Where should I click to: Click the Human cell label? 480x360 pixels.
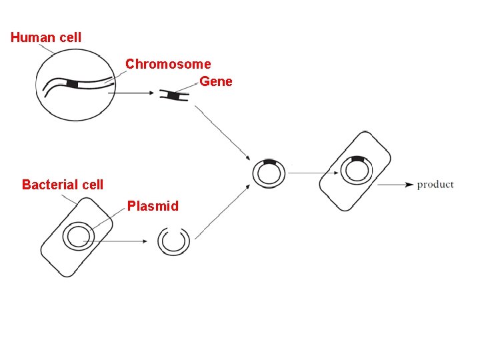[x=46, y=37]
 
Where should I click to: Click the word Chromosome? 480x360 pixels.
[x=168, y=64]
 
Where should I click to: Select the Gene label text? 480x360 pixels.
[x=216, y=81]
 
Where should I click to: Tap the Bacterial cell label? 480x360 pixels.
[x=63, y=185]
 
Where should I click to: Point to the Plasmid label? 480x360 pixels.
[x=153, y=206]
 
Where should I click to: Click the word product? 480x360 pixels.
[x=435, y=185]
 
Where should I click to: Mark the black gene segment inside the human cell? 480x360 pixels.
[x=73, y=84]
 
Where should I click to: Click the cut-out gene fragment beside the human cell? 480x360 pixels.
[x=174, y=96]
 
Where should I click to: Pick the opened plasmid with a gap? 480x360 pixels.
[x=174, y=241]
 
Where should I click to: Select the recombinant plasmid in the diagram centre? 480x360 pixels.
[x=269, y=174]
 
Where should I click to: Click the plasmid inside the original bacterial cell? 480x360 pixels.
[x=77, y=237]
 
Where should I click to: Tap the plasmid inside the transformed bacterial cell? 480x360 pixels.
[x=357, y=171]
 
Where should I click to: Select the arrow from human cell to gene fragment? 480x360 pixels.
[x=133, y=93]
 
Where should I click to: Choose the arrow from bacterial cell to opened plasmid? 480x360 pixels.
[x=127, y=241]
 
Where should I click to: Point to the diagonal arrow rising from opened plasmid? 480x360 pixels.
[x=220, y=213]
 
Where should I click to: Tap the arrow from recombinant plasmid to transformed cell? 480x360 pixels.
[x=311, y=173]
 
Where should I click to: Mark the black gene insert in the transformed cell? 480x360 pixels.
[x=358, y=159]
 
